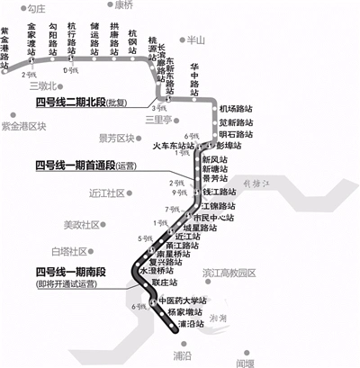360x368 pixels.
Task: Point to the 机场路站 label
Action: pos(235,107)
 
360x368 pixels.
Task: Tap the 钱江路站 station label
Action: pos(217,193)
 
